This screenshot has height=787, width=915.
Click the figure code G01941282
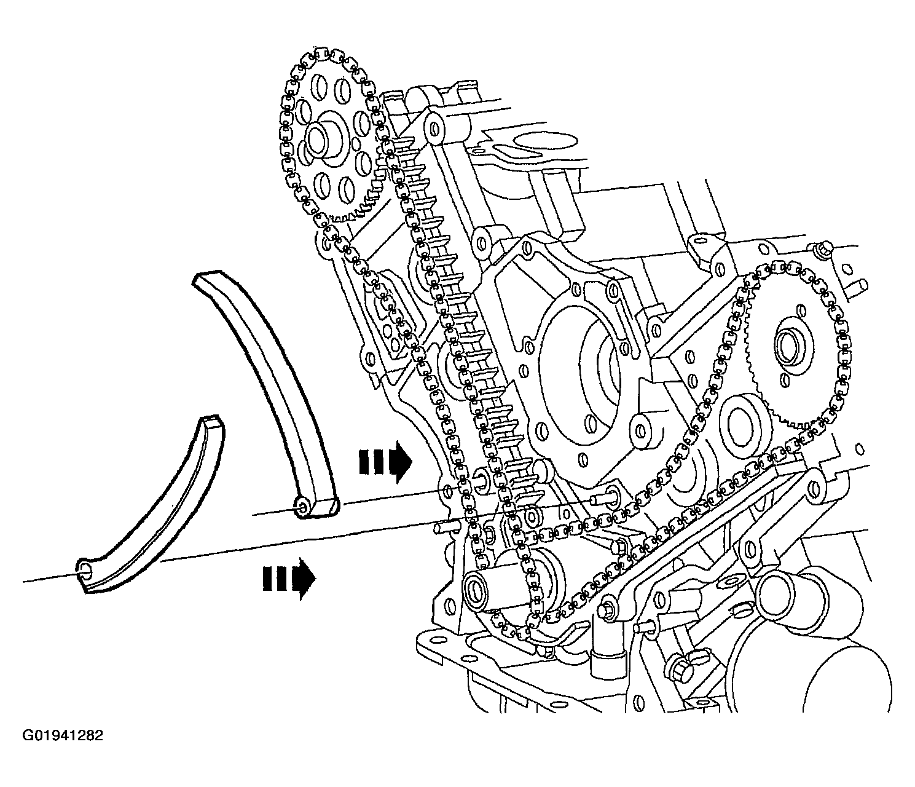63,735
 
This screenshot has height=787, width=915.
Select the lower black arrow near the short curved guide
289,579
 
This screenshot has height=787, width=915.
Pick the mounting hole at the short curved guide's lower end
85,571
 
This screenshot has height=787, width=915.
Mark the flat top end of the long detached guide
207,278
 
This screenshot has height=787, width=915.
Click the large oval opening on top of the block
545,142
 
